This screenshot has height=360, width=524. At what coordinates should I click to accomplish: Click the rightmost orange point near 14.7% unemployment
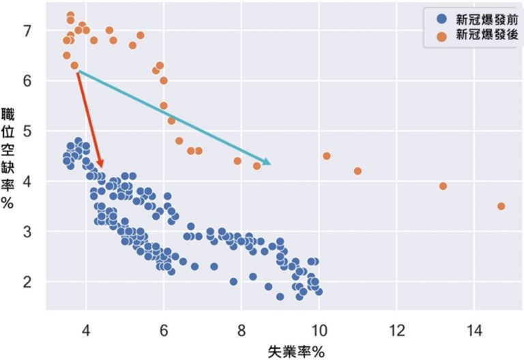click(x=501, y=206)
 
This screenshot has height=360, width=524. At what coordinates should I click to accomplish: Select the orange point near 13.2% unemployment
click(x=443, y=186)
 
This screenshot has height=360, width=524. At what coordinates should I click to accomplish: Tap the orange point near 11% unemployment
click(x=358, y=171)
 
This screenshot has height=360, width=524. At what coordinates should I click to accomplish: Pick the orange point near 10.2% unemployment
click(x=327, y=156)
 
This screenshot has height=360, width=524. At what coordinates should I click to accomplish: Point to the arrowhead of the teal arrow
click(x=268, y=162)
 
